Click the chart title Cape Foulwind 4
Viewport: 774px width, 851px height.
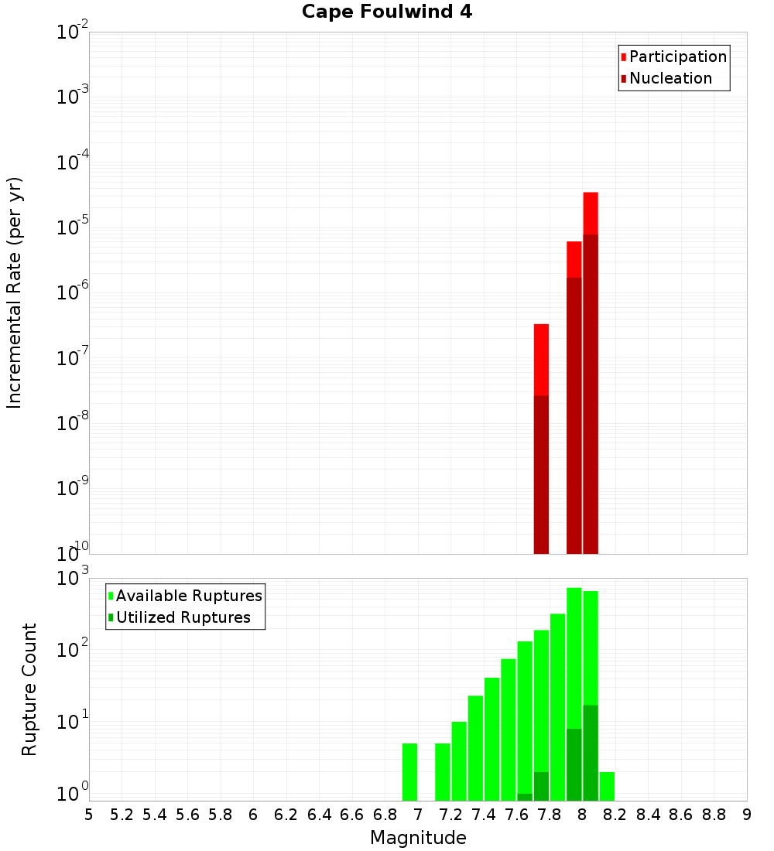point(387,12)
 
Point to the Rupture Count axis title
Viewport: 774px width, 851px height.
point(29,689)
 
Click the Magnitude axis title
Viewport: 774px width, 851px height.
point(418,838)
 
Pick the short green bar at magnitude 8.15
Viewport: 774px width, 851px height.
point(607,786)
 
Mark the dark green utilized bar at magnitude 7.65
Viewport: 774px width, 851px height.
point(525,797)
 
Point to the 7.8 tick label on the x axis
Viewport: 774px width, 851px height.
point(550,815)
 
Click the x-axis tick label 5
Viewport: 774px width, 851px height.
point(89,815)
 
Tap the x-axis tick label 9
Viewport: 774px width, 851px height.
point(747,815)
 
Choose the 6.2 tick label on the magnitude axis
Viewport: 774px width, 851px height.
point(286,815)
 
